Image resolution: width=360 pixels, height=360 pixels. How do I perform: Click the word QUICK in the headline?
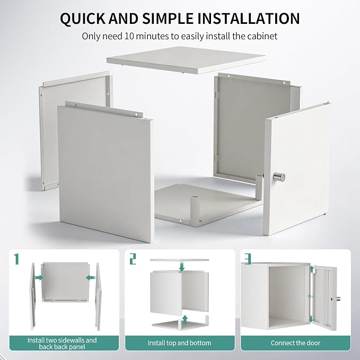tap(83, 19)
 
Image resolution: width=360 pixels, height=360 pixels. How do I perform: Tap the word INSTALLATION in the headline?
tap(249, 19)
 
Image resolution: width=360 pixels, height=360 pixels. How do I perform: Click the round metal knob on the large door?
tap(279, 177)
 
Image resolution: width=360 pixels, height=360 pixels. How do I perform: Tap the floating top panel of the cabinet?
tap(187, 59)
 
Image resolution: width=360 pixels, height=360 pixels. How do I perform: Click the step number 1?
tap(16, 259)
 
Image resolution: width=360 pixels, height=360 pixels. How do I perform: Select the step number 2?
tap(133, 259)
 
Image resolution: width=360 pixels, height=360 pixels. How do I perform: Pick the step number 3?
tap(248, 259)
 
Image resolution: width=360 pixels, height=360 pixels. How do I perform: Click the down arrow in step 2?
tap(182, 267)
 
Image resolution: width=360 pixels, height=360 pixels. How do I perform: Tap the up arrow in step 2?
tap(185, 319)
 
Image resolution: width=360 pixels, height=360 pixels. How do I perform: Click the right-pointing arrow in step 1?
tap(39, 278)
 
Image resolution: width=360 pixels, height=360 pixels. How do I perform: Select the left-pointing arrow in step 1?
tap(90, 278)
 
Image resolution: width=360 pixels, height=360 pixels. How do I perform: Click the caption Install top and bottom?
tap(179, 343)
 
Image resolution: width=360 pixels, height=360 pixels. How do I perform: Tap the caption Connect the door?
tap(295, 343)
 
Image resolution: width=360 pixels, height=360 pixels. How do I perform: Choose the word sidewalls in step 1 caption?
tap(72, 340)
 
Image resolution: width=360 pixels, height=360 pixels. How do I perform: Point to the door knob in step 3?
tap(338, 298)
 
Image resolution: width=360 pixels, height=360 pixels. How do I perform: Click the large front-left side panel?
tap(106, 173)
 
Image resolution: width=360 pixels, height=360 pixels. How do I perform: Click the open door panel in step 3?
tap(324, 297)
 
